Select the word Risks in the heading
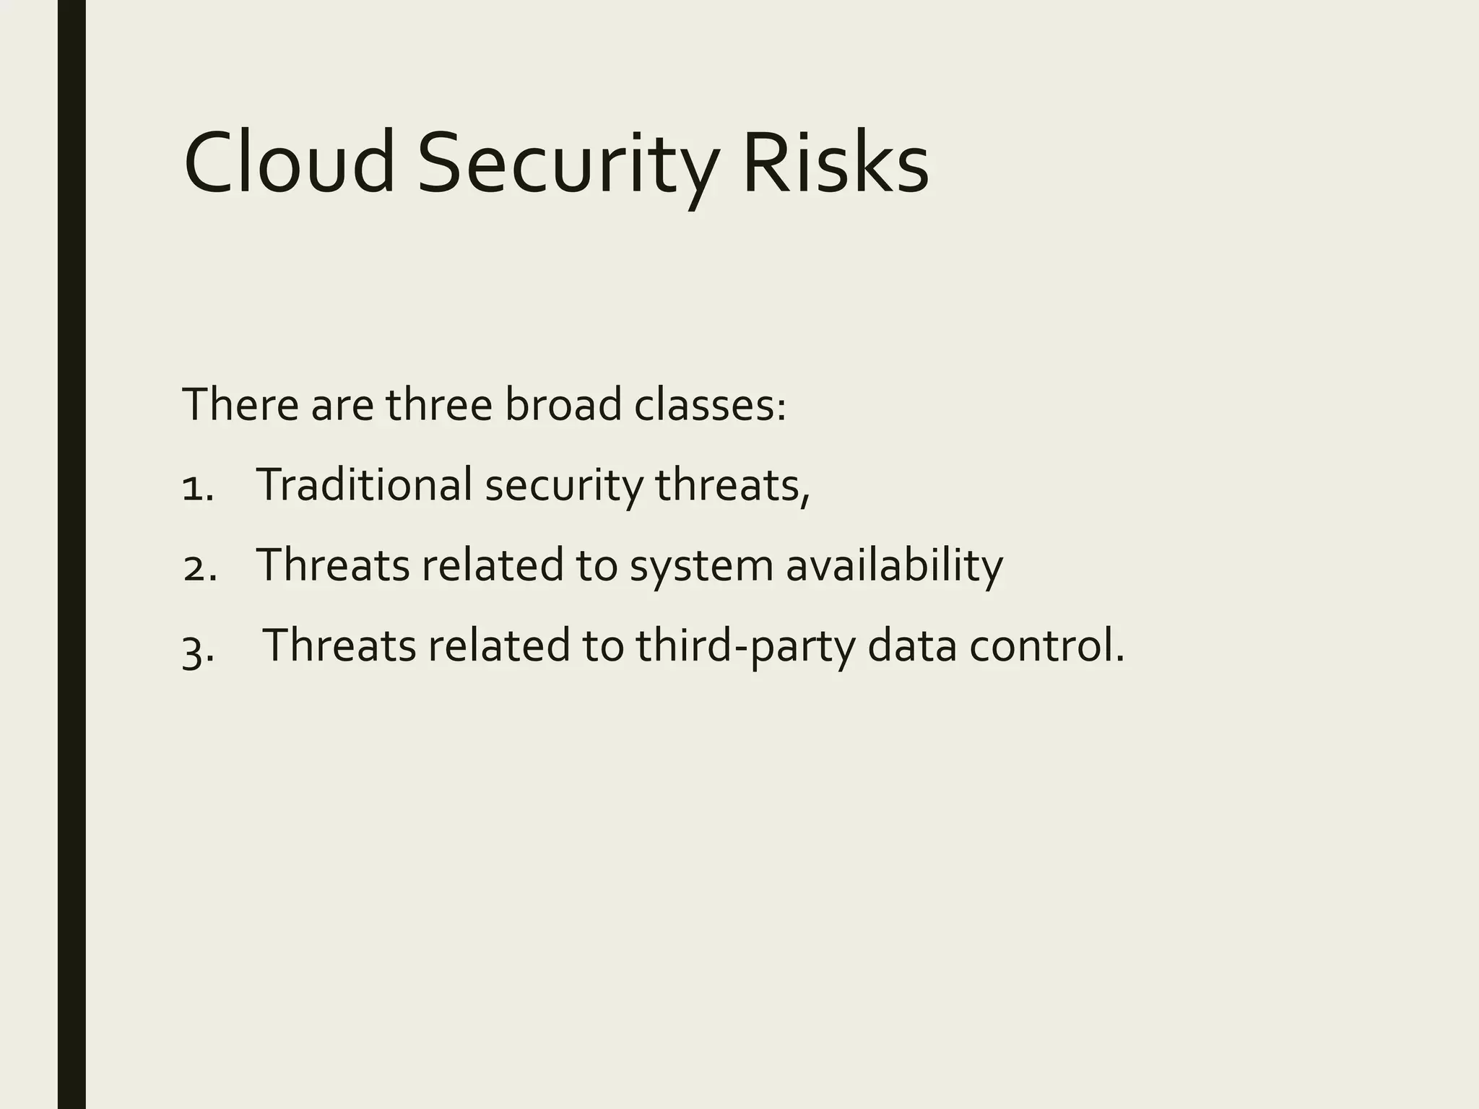pos(835,162)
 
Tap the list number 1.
pos(196,487)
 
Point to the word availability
pos(894,566)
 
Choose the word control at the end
pos(1045,645)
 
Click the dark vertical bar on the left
pos(71,554)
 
